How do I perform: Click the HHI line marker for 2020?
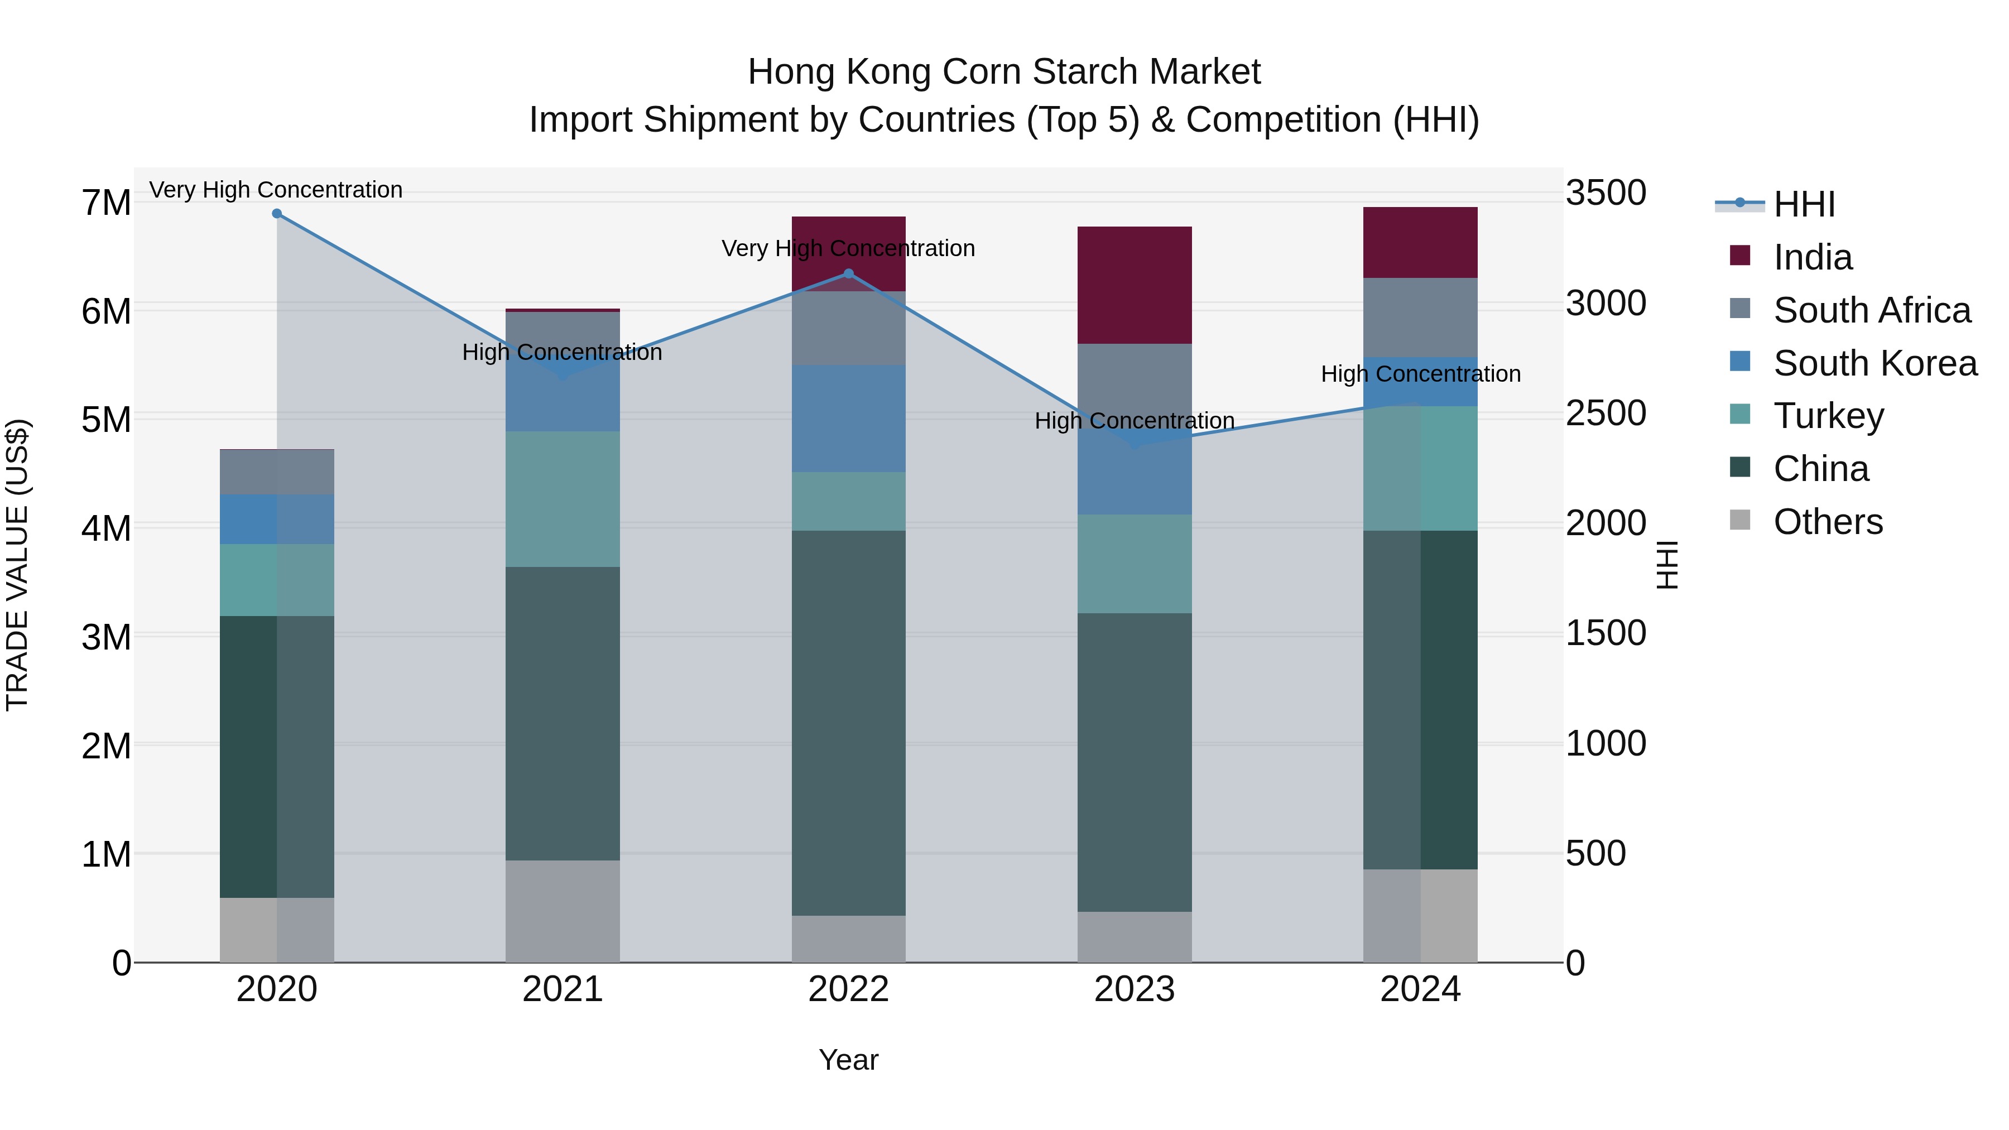click(277, 214)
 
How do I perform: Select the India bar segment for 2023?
click(1134, 285)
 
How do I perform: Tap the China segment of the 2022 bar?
click(848, 723)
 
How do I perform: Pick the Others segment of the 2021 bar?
click(563, 911)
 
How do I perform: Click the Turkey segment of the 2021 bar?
click(563, 499)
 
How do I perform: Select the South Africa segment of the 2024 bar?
click(1420, 318)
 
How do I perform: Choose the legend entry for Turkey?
click(1828, 416)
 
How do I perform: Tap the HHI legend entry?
click(1803, 204)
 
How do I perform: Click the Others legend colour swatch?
click(1740, 520)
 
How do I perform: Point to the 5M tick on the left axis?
click(106, 420)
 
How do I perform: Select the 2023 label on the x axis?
click(1134, 989)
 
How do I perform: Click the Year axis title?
click(848, 1060)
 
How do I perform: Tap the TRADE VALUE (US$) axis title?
click(17, 565)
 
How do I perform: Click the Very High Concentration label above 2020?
click(276, 190)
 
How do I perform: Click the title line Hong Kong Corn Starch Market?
click(1004, 72)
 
